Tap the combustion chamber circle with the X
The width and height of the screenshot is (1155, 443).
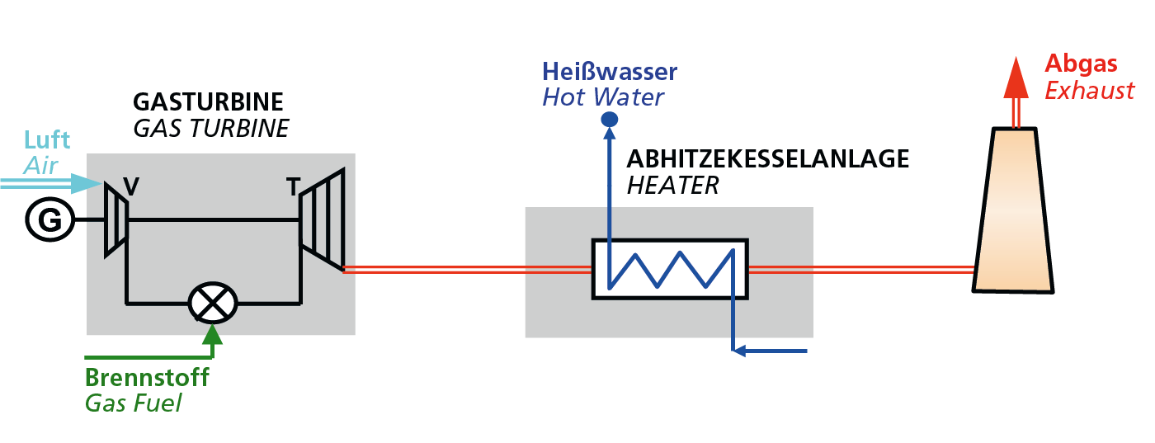(213, 303)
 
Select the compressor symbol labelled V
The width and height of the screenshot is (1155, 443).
(115, 220)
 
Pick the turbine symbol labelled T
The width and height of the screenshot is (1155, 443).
(322, 219)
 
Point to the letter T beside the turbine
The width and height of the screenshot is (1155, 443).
(293, 188)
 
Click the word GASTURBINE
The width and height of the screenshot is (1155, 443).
(208, 102)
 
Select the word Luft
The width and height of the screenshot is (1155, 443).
(47, 139)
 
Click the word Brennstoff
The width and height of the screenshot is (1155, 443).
(147, 378)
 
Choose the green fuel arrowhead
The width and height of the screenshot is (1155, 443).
(213, 335)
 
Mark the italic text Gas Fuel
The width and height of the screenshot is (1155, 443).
(133, 404)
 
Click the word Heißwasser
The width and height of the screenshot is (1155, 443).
(610, 72)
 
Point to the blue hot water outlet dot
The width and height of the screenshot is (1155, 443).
(610, 120)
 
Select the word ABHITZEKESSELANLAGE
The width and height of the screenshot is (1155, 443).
(767, 158)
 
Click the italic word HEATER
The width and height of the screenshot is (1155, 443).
(672, 185)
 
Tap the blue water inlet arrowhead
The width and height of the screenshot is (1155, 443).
(740, 351)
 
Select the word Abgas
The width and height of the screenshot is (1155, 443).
(1081, 64)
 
